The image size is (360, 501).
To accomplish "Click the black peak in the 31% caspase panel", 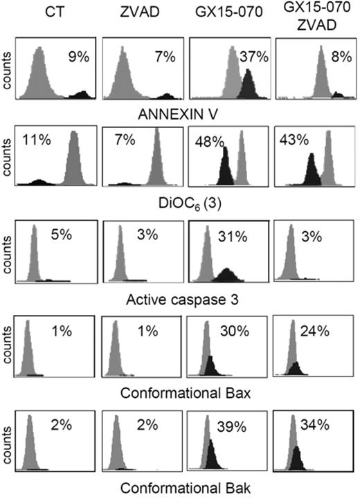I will (228, 276).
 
